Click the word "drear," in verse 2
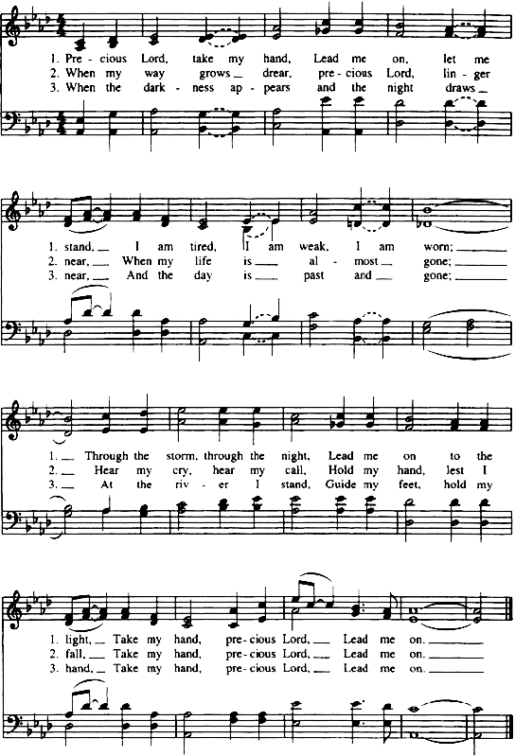276,73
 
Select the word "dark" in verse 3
153,88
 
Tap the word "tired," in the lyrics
203,247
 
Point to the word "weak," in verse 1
313,247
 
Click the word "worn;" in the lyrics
438,247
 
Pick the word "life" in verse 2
203,261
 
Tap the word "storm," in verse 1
181,456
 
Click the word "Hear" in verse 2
106,470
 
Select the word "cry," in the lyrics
182,470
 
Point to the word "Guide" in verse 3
341,484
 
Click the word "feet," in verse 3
410,484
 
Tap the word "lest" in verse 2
454,470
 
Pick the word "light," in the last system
77,640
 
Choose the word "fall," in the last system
75,654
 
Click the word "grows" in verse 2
214,74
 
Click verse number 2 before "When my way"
54,73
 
